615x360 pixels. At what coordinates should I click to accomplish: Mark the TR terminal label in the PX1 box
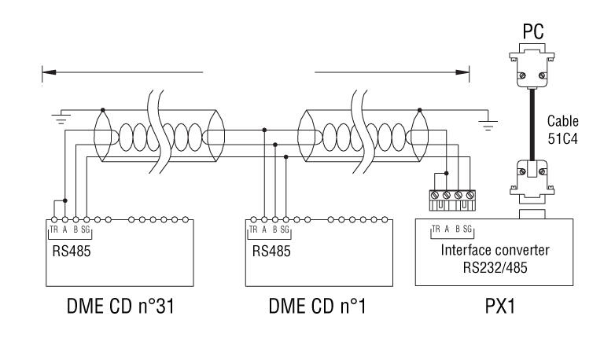[x=435, y=230]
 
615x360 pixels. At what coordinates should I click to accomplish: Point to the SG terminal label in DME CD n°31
[x=85, y=230]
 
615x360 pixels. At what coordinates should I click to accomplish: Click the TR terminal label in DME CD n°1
[x=253, y=230]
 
